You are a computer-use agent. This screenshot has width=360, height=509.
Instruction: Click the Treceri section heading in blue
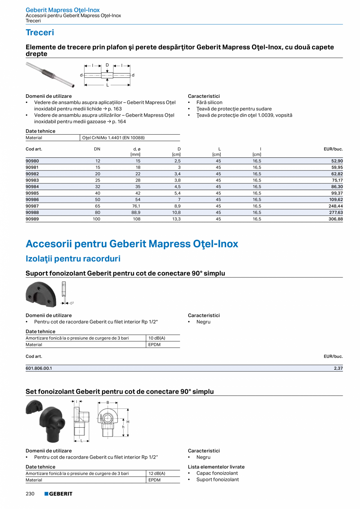40,32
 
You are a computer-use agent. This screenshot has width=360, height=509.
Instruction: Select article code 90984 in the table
32,187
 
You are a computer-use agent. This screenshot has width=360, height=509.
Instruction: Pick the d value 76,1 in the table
136,206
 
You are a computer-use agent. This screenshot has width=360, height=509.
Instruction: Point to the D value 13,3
176,219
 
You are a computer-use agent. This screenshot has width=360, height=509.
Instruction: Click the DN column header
97,149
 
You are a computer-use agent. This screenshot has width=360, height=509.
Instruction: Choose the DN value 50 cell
98,200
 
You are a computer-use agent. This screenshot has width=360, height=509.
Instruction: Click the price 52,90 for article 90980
337,161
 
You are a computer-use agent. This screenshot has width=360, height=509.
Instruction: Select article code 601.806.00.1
39,368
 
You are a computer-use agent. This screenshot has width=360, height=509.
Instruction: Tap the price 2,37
338,368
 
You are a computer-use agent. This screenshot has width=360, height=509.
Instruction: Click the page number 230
30,494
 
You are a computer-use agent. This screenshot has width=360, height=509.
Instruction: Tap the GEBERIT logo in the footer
58,494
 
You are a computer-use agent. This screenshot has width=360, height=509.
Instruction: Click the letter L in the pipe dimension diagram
107,85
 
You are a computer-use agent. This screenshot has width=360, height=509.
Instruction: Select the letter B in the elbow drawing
108,403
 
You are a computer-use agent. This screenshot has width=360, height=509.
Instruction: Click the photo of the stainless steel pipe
50,74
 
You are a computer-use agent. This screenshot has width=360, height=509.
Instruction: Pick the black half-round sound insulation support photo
41,295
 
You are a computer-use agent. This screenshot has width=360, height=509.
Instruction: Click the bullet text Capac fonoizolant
217,473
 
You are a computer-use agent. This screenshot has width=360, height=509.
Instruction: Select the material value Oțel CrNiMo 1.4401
113,138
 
